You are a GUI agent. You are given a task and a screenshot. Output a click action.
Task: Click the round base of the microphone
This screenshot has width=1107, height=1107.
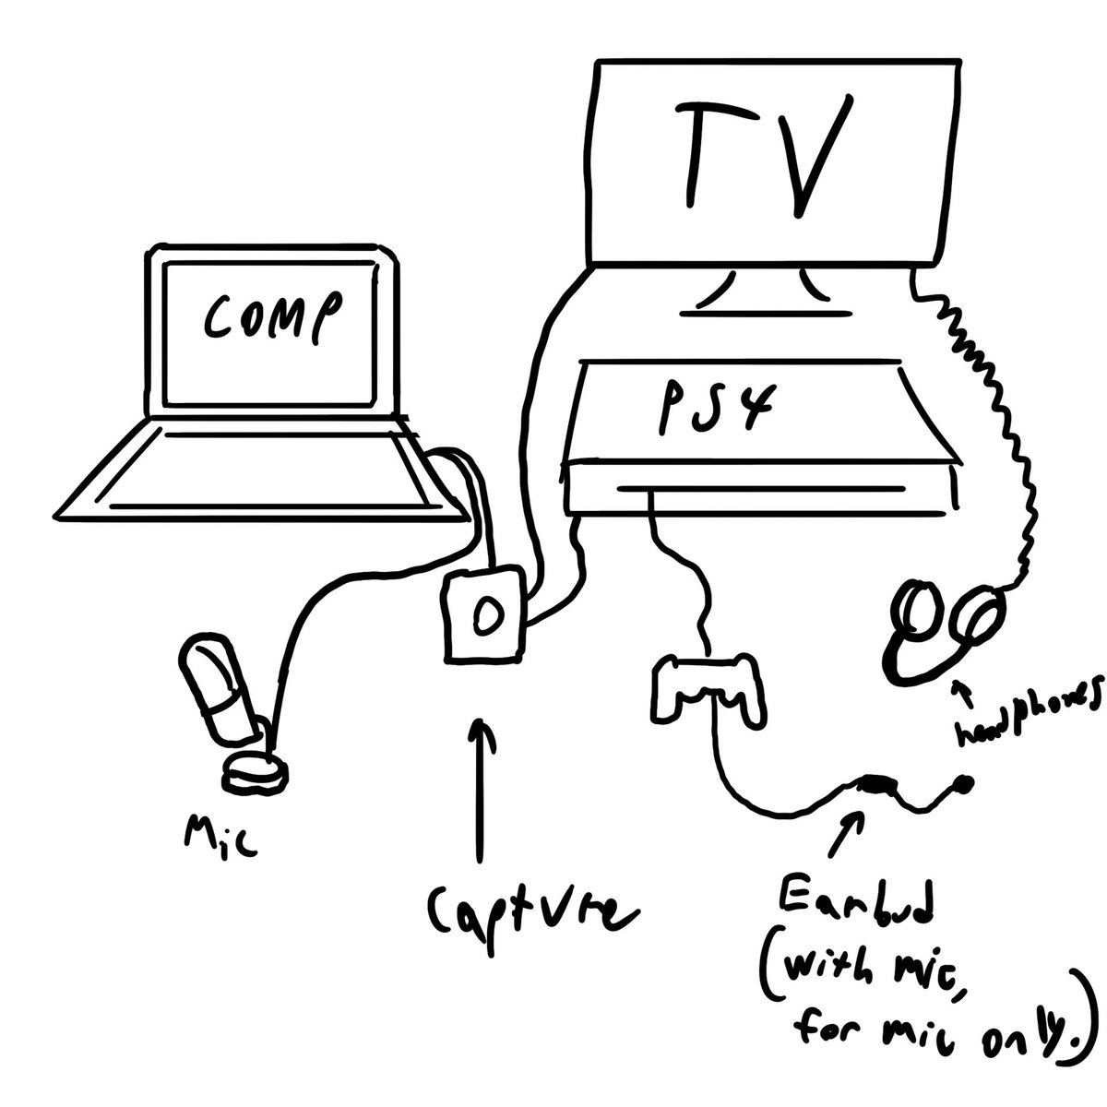coord(254,770)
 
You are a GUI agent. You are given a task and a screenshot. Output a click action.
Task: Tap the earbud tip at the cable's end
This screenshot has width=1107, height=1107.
coord(964,786)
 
